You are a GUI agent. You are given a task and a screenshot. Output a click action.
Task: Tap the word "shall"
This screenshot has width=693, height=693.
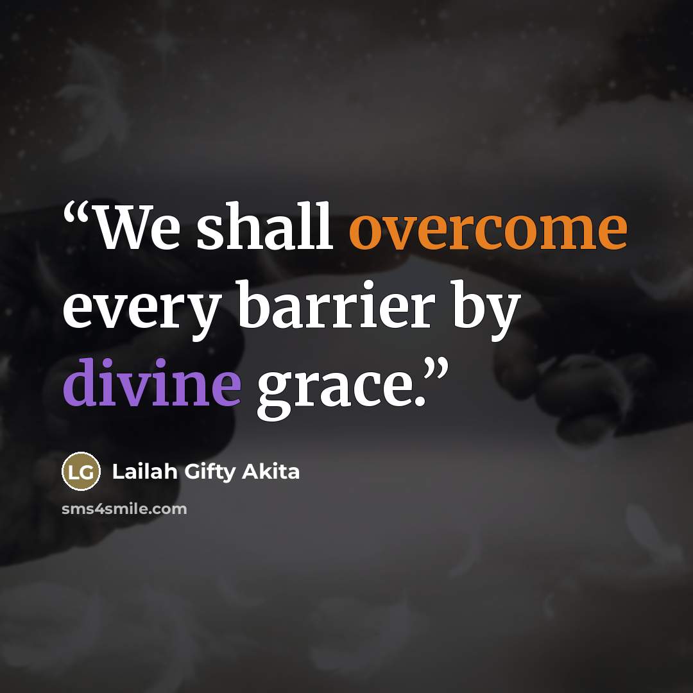coord(264,225)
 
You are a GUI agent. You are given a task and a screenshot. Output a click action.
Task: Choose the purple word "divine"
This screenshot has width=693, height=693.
coord(152,382)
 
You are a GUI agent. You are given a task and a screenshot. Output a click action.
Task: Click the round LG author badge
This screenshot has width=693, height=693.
coord(81,471)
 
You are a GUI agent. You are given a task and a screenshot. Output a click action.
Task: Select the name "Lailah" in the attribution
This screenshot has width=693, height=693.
coord(145,472)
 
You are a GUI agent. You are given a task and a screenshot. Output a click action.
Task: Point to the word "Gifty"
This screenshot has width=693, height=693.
coord(209,474)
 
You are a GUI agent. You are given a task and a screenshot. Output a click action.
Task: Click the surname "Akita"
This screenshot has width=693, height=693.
coord(271,472)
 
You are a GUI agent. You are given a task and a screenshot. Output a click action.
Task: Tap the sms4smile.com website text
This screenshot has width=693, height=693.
coord(124,509)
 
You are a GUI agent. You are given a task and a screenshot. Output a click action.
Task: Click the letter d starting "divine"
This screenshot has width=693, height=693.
coord(81,382)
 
